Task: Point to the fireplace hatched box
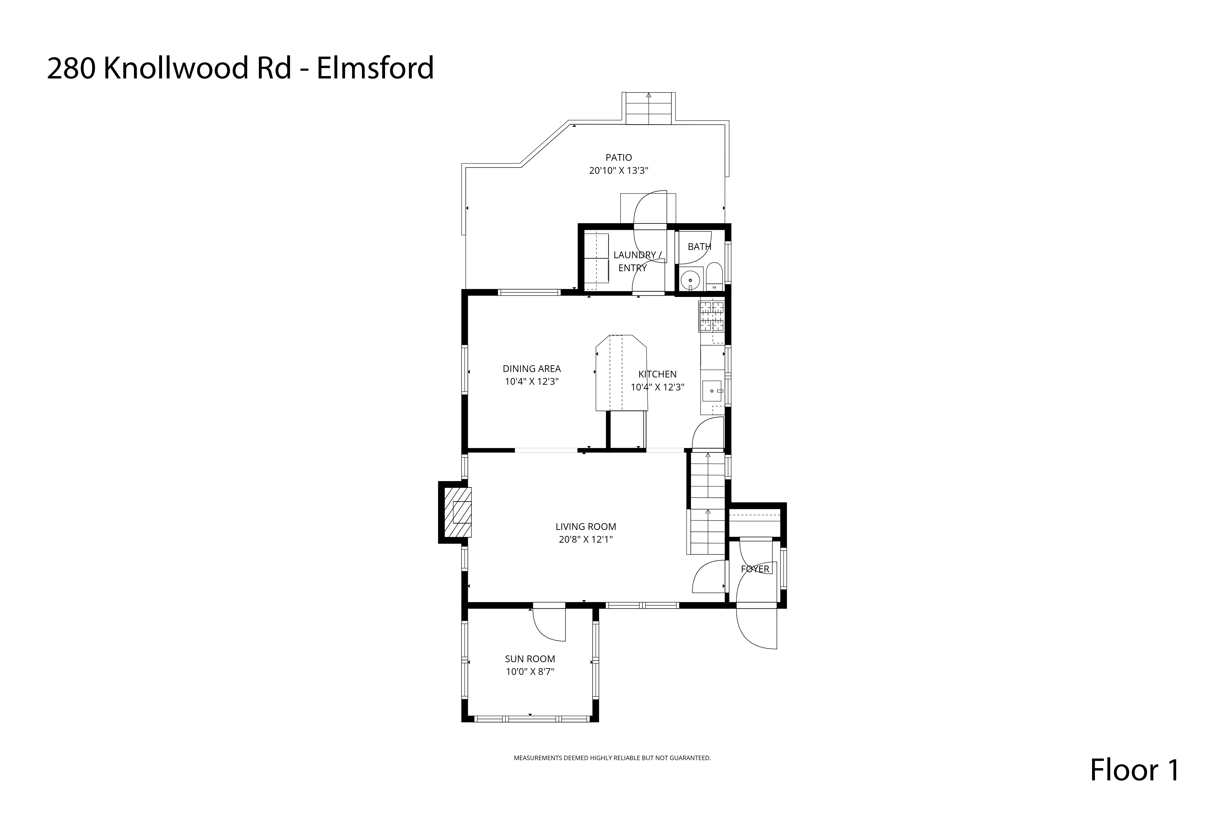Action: pos(458,512)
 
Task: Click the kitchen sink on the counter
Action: pos(712,391)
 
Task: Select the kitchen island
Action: pos(622,373)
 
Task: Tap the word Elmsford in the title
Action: pos(375,68)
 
